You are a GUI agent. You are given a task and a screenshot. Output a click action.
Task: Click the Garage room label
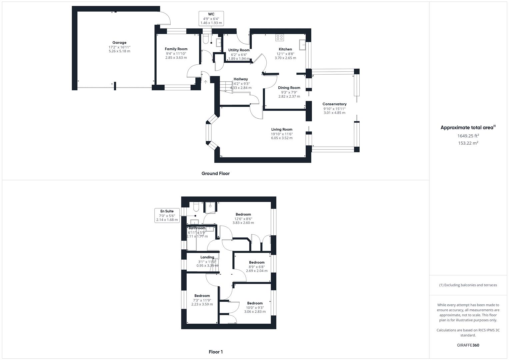(x=119, y=43)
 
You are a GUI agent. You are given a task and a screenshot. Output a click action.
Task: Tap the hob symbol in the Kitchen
(x=280, y=38)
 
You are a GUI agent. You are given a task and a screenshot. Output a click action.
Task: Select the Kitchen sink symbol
(x=303, y=45)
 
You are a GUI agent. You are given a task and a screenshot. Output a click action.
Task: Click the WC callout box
(x=211, y=19)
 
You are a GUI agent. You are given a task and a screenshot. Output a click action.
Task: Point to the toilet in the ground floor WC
(x=206, y=39)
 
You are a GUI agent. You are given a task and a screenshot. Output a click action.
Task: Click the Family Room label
(x=176, y=49)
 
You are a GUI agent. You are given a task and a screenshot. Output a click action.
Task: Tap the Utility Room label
(x=239, y=50)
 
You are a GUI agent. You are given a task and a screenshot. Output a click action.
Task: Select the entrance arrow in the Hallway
(x=206, y=81)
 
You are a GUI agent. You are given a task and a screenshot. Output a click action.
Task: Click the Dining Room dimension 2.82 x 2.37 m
(x=289, y=96)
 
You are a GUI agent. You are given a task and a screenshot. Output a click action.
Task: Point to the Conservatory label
(x=334, y=104)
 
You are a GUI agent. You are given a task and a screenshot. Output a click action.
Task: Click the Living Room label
(x=282, y=129)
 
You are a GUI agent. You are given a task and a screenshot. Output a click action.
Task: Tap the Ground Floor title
(x=215, y=173)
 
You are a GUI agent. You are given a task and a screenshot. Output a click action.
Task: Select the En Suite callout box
(x=167, y=215)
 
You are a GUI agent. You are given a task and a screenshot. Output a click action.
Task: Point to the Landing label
(x=207, y=257)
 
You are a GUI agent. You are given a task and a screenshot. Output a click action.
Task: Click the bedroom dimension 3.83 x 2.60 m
(x=243, y=223)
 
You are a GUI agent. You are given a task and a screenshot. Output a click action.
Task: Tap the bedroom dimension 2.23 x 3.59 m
(x=202, y=304)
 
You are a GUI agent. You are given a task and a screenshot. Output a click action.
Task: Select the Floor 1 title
(x=216, y=352)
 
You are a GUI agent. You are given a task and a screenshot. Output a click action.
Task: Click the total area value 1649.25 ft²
(x=468, y=136)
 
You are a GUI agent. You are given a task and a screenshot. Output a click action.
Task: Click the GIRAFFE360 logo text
(x=468, y=345)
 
